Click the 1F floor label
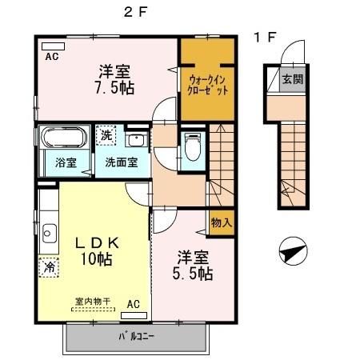265,37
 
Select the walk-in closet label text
208,85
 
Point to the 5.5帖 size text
194,273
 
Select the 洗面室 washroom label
122,162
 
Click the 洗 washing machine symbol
106,135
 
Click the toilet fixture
191,147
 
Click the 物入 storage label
221,222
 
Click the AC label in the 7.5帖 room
51,57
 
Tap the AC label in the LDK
134,303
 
